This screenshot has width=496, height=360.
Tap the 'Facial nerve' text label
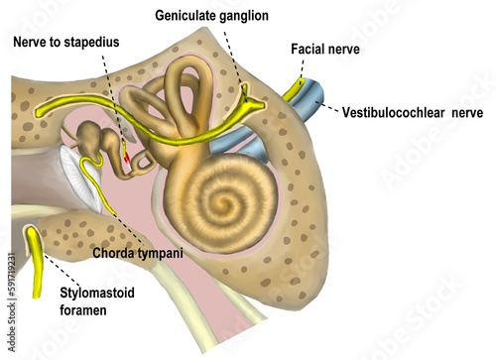click(x=325, y=49)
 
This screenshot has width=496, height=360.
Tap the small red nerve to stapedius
click(x=128, y=156)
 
